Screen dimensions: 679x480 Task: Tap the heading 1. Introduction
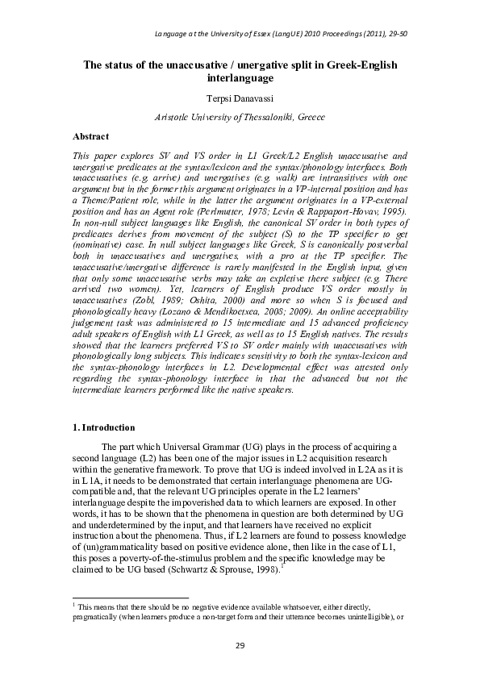pyautogui.click(x=104, y=427)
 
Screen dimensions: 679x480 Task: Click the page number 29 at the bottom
pyautogui.click(x=240, y=645)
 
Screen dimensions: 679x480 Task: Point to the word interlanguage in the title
pyautogui.click(x=240, y=78)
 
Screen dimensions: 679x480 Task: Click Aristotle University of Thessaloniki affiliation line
pyautogui.click(x=240, y=118)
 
